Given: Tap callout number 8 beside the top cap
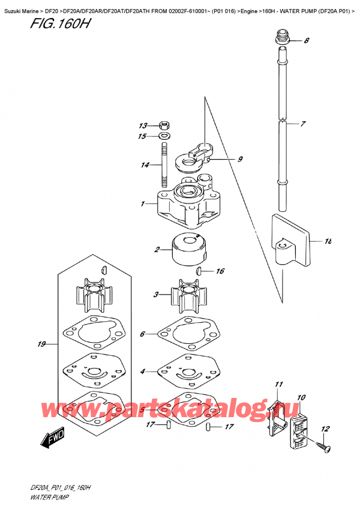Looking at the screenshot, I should point(306,41).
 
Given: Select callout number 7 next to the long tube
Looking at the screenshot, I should point(304,124).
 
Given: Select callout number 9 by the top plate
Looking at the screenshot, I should point(239,159).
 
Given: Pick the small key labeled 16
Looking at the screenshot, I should point(200,272).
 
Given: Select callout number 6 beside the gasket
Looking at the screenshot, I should point(142,334).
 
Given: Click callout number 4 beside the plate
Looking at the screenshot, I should point(143,372).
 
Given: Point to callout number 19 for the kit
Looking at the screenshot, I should point(41,345).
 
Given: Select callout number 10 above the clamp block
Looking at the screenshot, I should point(301,397).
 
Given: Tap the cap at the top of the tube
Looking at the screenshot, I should point(281,40).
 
